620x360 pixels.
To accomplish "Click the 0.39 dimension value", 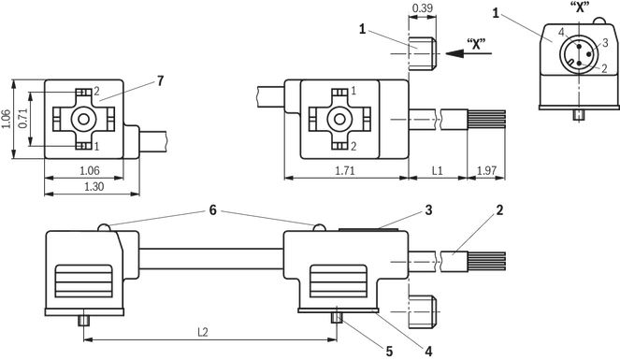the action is click(x=423, y=7).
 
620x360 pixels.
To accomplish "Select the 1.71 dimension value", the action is click(x=345, y=171).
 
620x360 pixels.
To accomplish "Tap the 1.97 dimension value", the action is click(x=486, y=171).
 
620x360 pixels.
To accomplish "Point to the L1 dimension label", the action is click(x=437, y=171).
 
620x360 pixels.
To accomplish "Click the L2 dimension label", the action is click(x=202, y=332).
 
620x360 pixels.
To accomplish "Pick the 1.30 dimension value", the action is click(x=94, y=186).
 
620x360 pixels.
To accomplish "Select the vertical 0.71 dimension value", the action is click(x=23, y=118).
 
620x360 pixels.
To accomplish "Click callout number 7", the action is click(x=160, y=81).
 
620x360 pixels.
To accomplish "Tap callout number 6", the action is click(x=212, y=210).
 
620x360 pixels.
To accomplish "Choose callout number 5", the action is click(x=389, y=351).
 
